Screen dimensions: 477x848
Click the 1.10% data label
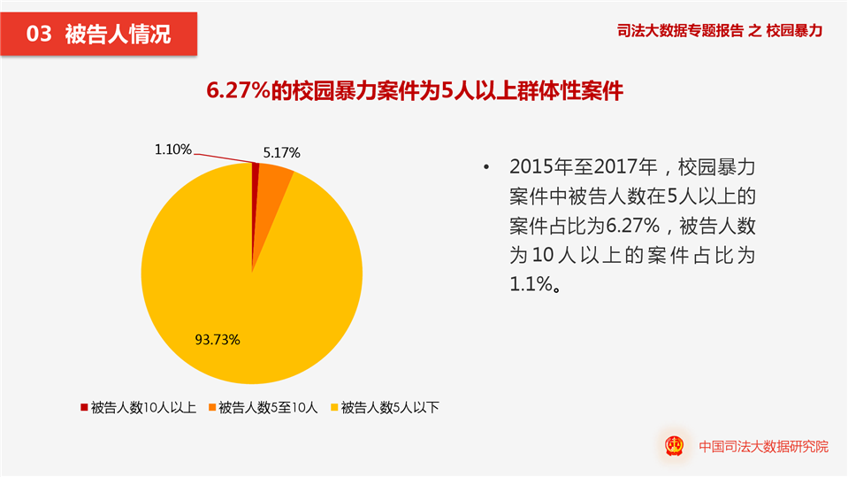(x=172, y=150)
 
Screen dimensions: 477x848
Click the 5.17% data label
(x=281, y=152)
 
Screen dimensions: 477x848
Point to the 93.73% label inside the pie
(x=218, y=339)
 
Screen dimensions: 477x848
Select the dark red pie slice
(x=256, y=170)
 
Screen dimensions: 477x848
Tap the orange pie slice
(x=273, y=177)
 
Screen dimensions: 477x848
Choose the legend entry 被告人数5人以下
(x=390, y=408)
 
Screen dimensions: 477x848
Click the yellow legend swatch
(x=334, y=408)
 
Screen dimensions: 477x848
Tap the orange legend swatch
(x=212, y=408)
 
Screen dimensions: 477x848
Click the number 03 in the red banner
(x=40, y=35)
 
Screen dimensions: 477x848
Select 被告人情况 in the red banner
(x=118, y=35)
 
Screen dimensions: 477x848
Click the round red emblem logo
(x=677, y=446)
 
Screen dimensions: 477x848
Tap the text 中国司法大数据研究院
(x=763, y=447)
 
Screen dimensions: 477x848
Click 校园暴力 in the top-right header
(x=795, y=31)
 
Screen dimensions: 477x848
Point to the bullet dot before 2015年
(x=485, y=168)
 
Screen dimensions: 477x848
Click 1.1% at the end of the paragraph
(x=530, y=284)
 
